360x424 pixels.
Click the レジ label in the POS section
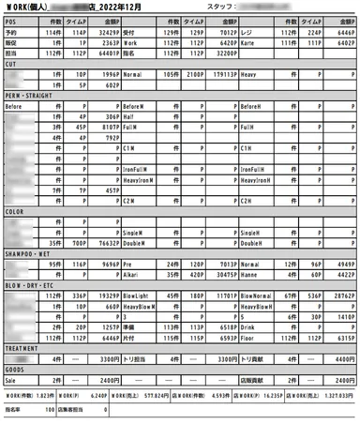pyautogui.click(x=245, y=33)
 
